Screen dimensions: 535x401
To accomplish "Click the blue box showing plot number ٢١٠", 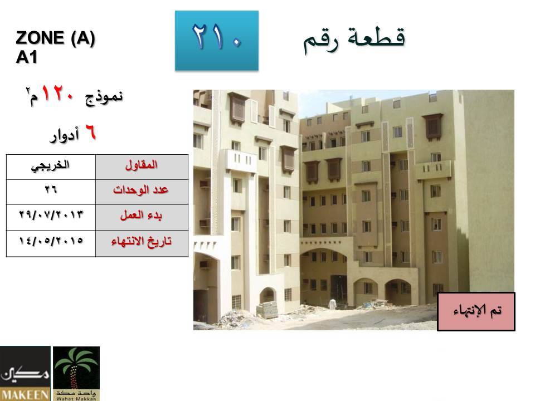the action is pyautogui.click(x=217, y=41).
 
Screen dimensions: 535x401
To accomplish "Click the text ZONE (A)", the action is pyautogui.click(x=55, y=38).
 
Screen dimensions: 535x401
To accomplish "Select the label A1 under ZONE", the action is pyautogui.click(x=26, y=57).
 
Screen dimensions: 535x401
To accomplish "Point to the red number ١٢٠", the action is pyautogui.click(x=57, y=94).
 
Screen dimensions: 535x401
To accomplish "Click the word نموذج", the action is pyautogui.click(x=104, y=97).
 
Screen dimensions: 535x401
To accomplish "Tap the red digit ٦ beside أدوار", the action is pyautogui.click(x=90, y=132).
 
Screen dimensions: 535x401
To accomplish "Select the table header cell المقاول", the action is pyautogui.click(x=142, y=167).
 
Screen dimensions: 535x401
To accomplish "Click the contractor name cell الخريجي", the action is pyautogui.click(x=51, y=167).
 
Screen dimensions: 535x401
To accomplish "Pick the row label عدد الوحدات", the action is pyautogui.click(x=140, y=189).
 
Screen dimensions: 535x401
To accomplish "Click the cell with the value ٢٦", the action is pyautogui.click(x=51, y=192).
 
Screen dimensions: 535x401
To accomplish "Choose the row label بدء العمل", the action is pyautogui.click(x=141, y=216).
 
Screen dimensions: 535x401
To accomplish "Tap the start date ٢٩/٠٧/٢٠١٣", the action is pyautogui.click(x=51, y=215).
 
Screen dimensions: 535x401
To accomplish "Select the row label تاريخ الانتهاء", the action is pyautogui.click(x=141, y=242).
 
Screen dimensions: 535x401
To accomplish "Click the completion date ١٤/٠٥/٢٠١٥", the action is pyautogui.click(x=51, y=241).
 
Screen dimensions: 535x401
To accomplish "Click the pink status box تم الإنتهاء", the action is pyautogui.click(x=476, y=311).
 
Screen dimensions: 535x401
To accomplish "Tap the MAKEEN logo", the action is pyautogui.click(x=25, y=373).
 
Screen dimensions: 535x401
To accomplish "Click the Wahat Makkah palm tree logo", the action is pyautogui.click(x=76, y=373).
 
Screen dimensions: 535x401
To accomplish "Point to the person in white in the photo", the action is pyautogui.click(x=332, y=304).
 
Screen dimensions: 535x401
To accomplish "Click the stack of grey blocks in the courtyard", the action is pyautogui.click(x=267, y=310).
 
